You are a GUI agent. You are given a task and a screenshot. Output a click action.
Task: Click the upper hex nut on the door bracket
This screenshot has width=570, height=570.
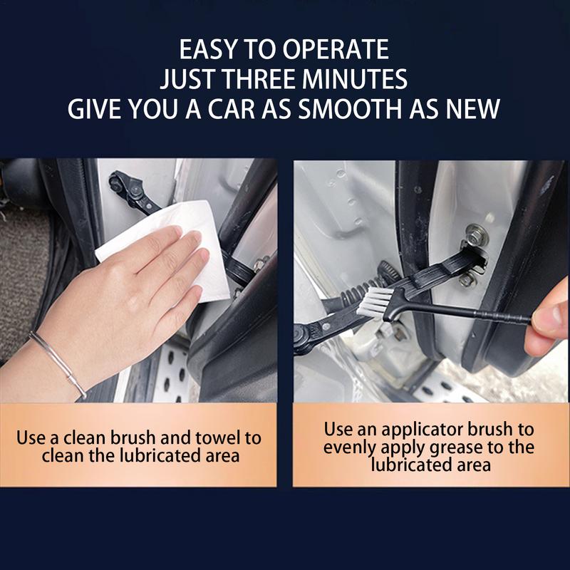474,232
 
